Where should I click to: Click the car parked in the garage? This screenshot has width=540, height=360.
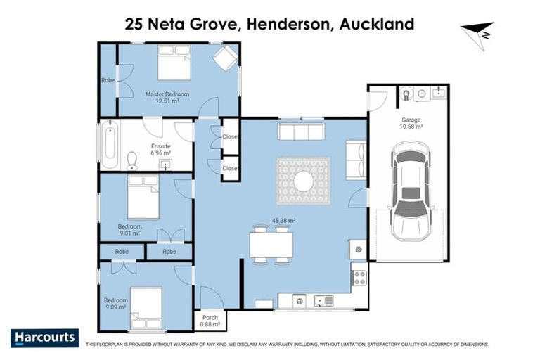click(409, 188)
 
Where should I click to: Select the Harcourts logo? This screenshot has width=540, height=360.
click(44, 337)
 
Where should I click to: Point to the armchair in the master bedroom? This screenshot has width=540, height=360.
click(225, 58)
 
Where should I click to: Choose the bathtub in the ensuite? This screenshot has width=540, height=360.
click(110, 146)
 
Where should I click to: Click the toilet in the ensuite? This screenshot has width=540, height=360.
click(131, 162)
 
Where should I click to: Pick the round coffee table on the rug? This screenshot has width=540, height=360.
click(304, 181)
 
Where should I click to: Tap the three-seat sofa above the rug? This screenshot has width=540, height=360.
click(301, 131)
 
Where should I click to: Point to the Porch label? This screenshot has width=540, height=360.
click(210, 318)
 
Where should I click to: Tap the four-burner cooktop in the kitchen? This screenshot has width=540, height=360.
click(359, 277)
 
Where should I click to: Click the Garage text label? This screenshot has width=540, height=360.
click(411, 120)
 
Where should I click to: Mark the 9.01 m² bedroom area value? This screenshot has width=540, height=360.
click(129, 233)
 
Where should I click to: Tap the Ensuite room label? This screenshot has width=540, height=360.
click(160, 147)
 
